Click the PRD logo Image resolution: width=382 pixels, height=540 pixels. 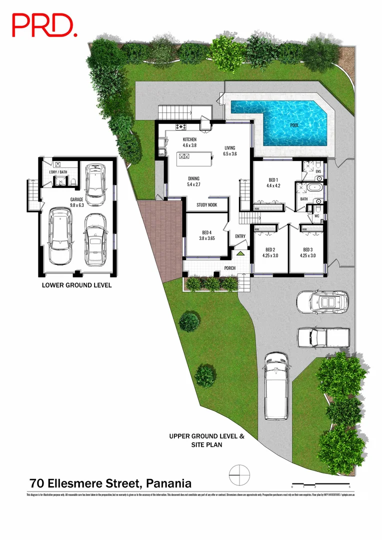point(44,25)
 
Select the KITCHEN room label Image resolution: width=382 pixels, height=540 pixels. point(189,139)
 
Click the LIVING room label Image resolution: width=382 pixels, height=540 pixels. point(230,147)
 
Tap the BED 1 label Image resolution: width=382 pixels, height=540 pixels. point(273,180)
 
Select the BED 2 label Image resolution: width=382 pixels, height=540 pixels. point(270,249)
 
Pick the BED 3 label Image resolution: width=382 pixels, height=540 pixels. point(307,249)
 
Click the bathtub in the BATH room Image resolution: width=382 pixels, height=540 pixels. point(315,189)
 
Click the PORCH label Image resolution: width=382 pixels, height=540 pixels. point(230,268)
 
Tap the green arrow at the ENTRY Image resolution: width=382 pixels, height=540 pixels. point(240,253)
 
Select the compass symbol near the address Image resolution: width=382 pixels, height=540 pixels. point(239,472)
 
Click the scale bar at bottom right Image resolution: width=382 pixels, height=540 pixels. point(320,484)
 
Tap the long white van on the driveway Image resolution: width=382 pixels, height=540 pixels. point(276,385)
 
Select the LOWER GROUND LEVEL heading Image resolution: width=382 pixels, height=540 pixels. point(76,285)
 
